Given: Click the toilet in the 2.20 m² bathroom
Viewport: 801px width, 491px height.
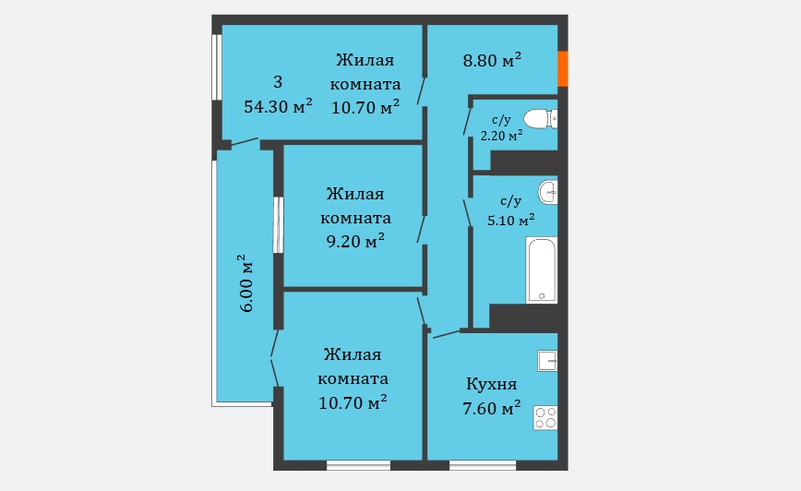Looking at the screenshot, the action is (x=541, y=119).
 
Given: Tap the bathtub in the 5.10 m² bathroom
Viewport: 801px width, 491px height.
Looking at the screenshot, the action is (x=542, y=270).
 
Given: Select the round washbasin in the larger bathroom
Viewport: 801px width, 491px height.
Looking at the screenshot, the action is (x=547, y=192).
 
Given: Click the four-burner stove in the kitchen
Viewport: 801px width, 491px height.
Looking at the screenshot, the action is (x=545, y=417).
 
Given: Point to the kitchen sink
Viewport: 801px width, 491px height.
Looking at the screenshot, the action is (x=547, y=361).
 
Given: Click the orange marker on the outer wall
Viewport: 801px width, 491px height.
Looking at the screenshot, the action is (x=562, y=68).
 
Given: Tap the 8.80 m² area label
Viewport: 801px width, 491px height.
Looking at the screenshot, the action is (x=492, y=60).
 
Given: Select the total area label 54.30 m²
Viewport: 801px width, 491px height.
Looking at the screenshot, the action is (x=278, y=106).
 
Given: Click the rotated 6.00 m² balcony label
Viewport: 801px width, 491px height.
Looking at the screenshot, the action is (x=245, y=283).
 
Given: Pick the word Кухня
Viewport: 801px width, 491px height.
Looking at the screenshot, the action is (x=492, y=384).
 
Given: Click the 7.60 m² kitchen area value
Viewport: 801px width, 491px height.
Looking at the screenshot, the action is (x=492, y=408).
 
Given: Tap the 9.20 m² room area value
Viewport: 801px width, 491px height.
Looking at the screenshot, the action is (x=355, y=240).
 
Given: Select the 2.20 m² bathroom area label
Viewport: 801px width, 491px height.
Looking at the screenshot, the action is (x=501, y=136).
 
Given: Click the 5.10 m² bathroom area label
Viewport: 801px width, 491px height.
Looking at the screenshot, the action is (x=511, y=221).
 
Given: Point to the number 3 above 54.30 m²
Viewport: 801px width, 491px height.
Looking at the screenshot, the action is (x=278, y=82).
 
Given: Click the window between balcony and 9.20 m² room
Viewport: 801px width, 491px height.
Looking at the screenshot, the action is (x=278, y=225).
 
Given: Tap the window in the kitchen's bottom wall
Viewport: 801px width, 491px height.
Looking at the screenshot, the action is (x=483, y=465).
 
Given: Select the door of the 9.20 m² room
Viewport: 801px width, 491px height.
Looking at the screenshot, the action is (x=422, y=229).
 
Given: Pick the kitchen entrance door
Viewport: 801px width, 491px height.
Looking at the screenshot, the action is (x=447, y=334).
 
